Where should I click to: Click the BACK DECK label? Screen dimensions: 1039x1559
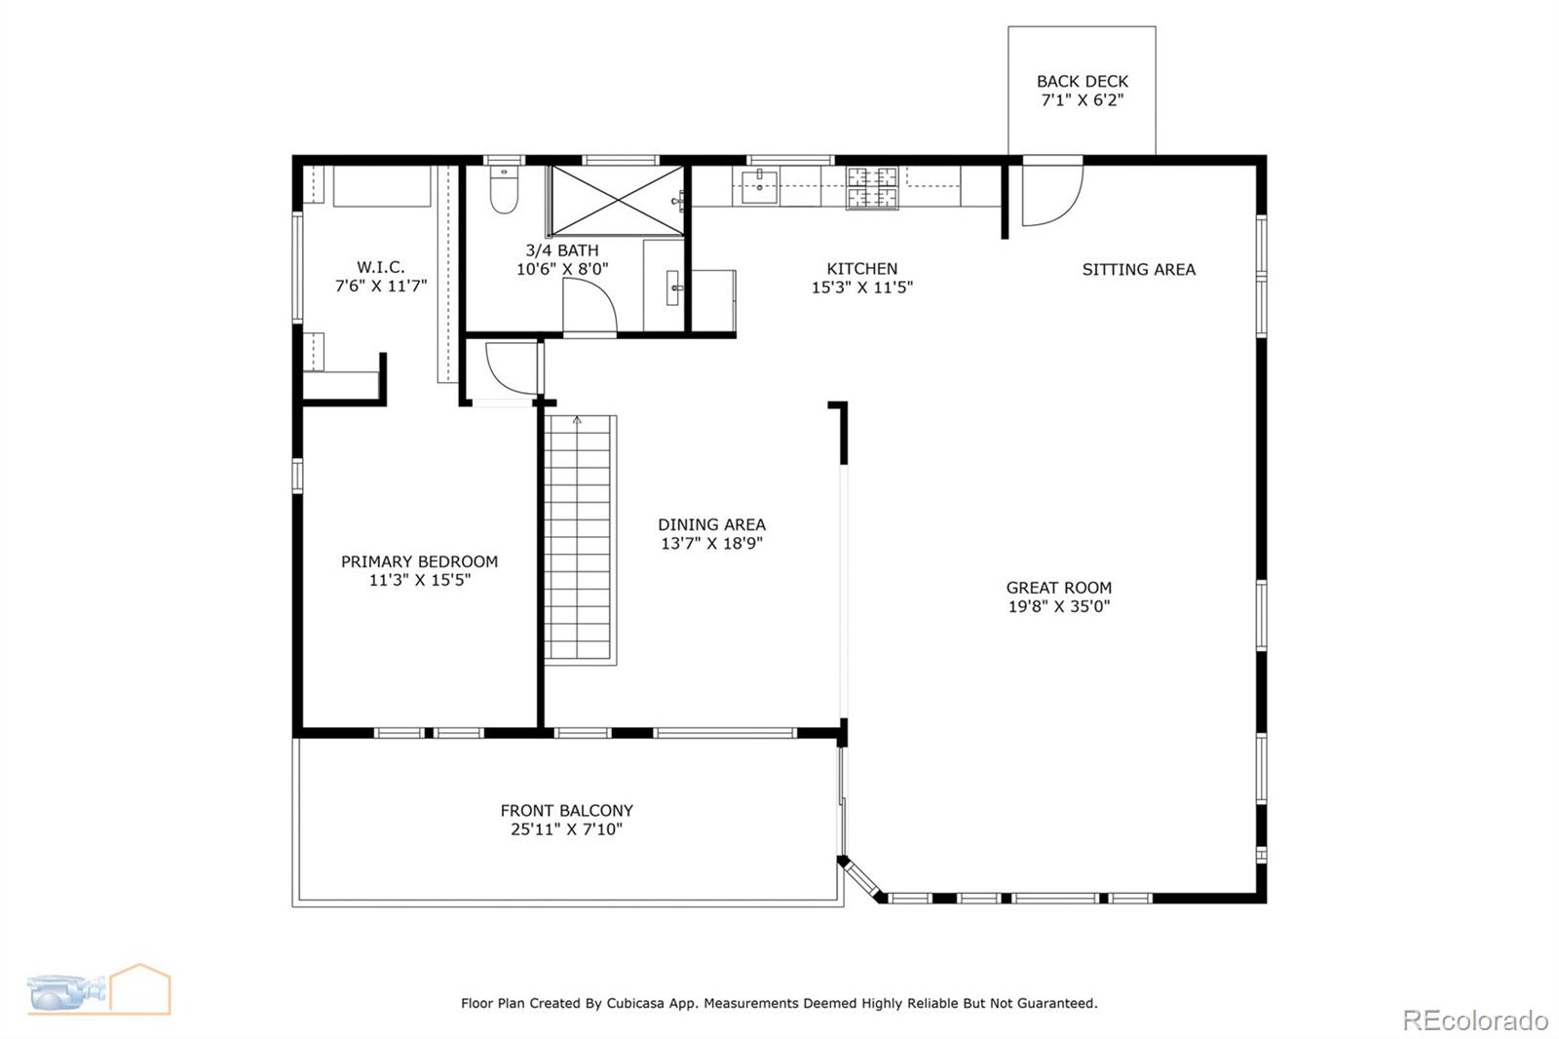(x=1082, y=82)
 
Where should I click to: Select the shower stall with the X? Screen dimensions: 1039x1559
(x=617, y=201)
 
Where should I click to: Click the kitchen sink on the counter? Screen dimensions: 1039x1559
(x=759, y=184)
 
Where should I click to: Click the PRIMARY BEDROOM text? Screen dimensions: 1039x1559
(x=419, y=561)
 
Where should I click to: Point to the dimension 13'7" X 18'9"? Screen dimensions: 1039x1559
(x=711, y=544)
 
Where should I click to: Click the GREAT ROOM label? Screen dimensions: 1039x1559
(x=1058, y=588)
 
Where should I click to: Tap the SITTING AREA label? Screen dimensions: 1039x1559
(x=1138, y=270)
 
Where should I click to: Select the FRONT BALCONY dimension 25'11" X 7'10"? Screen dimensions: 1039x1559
(x=566, y=829)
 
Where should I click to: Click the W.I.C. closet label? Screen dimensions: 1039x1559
(x=380, y=267)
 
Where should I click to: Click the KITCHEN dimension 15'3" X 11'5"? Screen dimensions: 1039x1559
(x=861, y=288)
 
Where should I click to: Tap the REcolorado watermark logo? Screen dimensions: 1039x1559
(x=1474, y=1020)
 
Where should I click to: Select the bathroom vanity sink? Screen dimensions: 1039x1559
(x=673, y=289)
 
